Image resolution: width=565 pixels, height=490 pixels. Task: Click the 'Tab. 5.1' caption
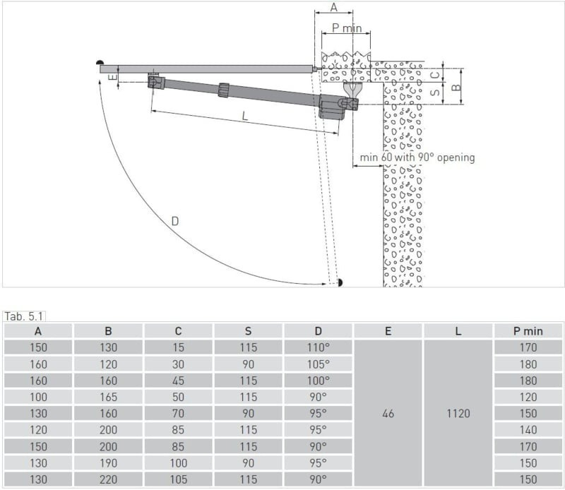(x=25, y=316)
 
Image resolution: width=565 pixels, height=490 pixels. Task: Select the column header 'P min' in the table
(x=528, y=330)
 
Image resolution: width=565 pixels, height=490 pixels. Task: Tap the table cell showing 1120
(x=458, y=413)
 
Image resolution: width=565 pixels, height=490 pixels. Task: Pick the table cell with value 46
(x=388, y=413)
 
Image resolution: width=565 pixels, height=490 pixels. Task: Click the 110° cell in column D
(x=318, y=347)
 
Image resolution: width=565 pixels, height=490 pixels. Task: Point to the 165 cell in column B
(x=108, y=397)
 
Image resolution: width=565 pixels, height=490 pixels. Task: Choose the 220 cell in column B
(x=108, y=479)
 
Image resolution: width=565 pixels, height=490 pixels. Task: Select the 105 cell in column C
(x=178, y=479)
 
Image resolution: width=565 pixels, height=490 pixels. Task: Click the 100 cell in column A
(x=38, y=397)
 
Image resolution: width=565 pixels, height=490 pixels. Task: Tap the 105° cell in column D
(x=318, y=364)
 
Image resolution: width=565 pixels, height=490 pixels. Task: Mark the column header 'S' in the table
(x=248, y=330)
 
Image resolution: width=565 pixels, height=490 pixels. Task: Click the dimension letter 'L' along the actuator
(x=245, y=117)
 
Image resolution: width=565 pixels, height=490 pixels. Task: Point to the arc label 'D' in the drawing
(x=174, y=221)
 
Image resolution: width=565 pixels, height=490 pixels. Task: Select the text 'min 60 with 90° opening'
(x=417, y=157)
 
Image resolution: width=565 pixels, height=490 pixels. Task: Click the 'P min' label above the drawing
(x=347, y=28)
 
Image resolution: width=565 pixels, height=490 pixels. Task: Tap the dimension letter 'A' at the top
(x=334, y=8)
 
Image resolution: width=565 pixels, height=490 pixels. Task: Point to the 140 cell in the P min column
(x=528, y=429)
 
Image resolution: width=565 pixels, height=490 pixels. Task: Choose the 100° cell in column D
(x=318, y=380)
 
